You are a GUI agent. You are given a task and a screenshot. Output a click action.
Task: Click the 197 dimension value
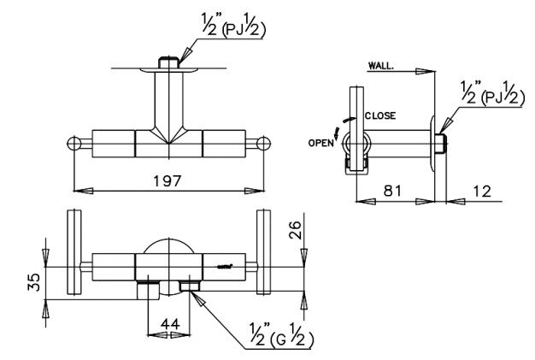tap(167, 180)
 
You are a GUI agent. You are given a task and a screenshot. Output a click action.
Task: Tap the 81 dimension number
tap(393, 191)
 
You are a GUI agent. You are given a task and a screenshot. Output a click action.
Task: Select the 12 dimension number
tap(482, 191)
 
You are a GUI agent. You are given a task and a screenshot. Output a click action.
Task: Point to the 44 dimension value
tap(170, 324)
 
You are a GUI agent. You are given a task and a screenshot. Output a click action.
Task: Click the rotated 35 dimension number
tap(34, 281)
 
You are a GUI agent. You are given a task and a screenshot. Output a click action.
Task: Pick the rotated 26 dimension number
tap(295, 230)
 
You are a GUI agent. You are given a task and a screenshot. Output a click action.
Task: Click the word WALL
tap(380, 66)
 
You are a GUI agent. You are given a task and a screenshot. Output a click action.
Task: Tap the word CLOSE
tap(380, 115)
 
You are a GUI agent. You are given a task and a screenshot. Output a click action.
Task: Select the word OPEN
tap(321, 143)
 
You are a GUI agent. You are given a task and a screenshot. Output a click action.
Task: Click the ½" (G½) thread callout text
tap(281, 334)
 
